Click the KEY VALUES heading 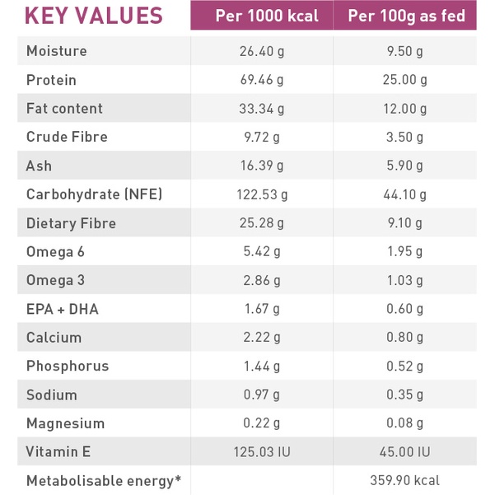click(93, 16)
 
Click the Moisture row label click(57, 51)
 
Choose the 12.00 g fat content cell click(405, 109)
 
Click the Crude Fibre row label click(67, 137)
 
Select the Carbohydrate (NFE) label click(94, 194)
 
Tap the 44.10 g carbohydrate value click(405, 194)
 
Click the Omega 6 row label click(55, 251)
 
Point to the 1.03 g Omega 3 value click(405, 280)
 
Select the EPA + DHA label click(63, 309)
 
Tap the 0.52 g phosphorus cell click(405, 366)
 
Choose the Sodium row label click(52, 395)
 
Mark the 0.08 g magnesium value click(405, 423)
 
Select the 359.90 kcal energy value click(405, 480)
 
